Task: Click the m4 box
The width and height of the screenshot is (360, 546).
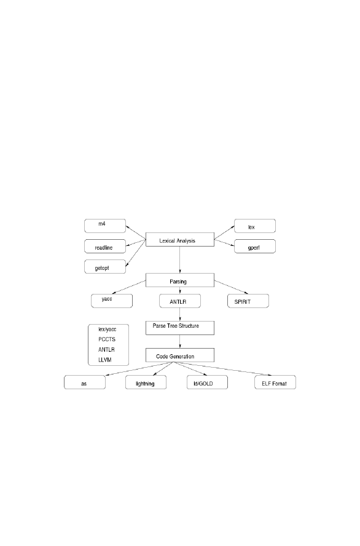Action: click(105, 226)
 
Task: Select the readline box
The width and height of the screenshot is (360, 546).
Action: click(105, 246)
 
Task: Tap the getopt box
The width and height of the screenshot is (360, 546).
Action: click(105, 266)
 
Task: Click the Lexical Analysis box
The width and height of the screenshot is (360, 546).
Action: click(180, 240)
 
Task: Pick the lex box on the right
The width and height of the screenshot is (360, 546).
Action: click(255, 226)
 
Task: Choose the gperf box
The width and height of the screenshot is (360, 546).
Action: click(255, 246)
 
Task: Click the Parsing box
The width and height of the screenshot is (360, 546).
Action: click(180, 280)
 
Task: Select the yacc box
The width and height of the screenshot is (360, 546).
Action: click(112, 301)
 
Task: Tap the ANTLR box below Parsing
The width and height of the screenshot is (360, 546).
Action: click(180, 301)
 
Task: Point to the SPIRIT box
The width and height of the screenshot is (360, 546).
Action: click(248, 301)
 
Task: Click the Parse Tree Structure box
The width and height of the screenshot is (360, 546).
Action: click(180, 328)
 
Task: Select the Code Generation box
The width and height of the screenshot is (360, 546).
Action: click(180, 355)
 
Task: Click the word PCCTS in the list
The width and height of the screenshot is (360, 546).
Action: click(107, 339)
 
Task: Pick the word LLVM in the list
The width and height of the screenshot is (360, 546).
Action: click(104, 360)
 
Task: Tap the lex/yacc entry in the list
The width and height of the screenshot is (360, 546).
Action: click(107, 329)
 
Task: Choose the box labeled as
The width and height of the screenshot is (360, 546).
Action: click(85, 382)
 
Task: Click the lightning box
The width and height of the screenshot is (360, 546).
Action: click(146, 382)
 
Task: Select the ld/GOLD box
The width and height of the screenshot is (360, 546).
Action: click(207, 382)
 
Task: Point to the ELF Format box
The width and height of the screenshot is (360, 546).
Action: click(275, 382)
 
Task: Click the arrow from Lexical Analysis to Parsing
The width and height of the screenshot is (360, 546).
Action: click(180, 259)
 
